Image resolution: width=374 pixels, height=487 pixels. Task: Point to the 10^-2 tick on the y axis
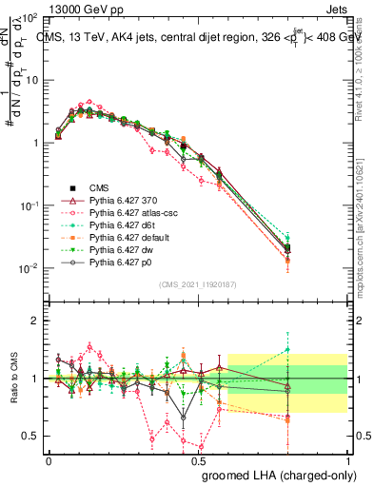point(29,268)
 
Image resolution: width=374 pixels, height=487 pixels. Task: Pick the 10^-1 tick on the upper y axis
point(29,205)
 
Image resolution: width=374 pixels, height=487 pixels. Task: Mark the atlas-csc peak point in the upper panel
point(89,102)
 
